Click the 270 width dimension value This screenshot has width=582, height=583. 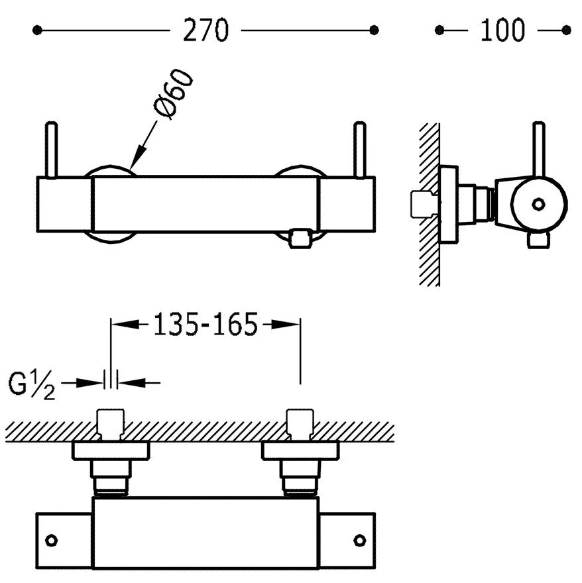click(x=205, y=30)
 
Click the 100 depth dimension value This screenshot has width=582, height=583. click(x=502, y=30)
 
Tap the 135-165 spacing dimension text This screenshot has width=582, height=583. click(x=205, y=325)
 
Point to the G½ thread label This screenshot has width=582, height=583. click(x=32, y=385)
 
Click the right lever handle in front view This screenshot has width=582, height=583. click(x=360, y=150)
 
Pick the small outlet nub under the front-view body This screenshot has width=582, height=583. click(x=302, y=238)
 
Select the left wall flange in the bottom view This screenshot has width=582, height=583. click(x=111, y=451)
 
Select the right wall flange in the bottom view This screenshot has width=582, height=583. click(x=302, y=451)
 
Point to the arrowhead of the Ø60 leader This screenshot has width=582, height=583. click(x=135, y=165)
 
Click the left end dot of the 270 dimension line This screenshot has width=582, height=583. click(x=37, y=30)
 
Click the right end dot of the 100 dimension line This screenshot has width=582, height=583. click(x=565, y=30)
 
